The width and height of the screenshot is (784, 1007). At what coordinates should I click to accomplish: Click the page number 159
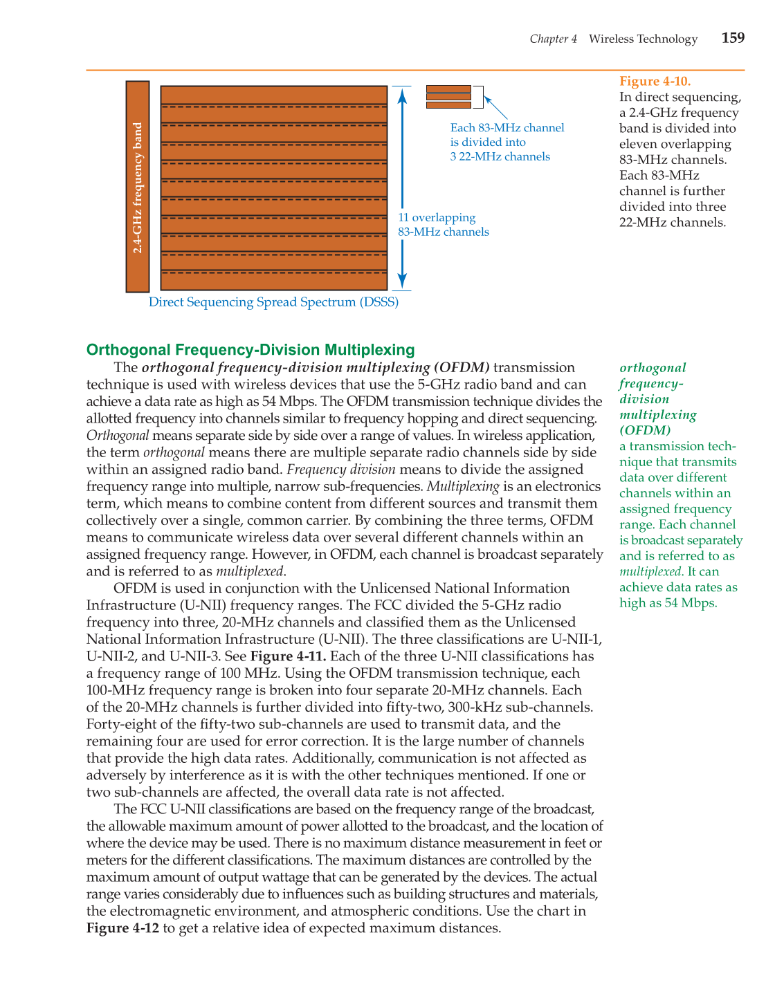(733, 38)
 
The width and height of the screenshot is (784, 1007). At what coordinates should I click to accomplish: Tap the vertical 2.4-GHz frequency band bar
(138, 187)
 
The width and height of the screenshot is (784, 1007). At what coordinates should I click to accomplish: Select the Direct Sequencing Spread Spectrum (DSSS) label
(273, 302)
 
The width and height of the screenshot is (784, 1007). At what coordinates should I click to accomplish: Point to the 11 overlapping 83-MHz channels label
(443, 225)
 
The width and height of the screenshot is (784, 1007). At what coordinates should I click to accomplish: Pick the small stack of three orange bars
(448, 97)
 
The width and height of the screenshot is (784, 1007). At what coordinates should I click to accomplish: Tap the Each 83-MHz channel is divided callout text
(507, 142)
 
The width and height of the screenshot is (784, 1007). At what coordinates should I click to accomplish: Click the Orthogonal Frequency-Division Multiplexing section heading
(250, 350)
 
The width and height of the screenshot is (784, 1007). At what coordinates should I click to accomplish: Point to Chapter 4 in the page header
(553, 39)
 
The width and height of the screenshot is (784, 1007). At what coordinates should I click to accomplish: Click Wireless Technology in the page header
(643, 39)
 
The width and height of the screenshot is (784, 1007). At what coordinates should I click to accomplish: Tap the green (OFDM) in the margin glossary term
(645, 430)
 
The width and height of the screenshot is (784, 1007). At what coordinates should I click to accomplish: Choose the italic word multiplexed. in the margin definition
(651, 572)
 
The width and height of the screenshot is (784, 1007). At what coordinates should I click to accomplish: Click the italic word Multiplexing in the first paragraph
(463, 487)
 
